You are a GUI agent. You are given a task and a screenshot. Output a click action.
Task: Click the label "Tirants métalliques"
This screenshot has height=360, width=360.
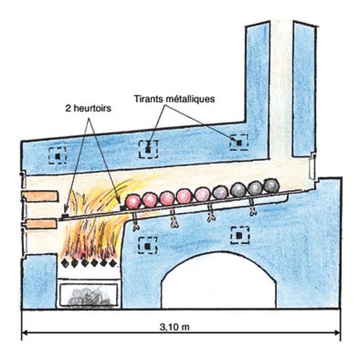(x=174, y=99)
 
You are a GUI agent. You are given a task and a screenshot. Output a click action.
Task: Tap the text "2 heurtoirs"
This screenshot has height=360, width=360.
(x=88, y=108)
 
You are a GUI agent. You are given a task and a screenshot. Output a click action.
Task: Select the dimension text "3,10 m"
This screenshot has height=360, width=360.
(x=174, y=327)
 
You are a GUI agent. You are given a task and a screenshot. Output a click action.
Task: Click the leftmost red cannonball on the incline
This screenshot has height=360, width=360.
(x=133, y=201)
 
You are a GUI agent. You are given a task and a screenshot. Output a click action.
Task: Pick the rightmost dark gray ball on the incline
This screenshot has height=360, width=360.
(x=271, y=186)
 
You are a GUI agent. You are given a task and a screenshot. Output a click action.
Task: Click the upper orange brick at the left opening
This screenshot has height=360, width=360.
(x=39, y=196)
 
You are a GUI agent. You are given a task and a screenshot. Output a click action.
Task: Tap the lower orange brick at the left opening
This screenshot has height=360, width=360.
(x=39, y=224)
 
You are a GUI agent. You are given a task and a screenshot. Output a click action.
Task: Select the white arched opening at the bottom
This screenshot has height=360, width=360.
(x=219, y=281)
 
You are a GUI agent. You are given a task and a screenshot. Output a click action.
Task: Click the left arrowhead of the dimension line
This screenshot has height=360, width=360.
(x=25, y=333)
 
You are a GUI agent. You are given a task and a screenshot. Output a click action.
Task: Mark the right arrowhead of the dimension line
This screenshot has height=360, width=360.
(x=337, y=333)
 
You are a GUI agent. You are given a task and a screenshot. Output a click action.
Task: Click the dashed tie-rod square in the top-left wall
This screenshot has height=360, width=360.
(x=58, y=155)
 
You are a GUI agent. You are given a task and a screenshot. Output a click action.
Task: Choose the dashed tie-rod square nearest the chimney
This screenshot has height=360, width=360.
(x=239, y=143)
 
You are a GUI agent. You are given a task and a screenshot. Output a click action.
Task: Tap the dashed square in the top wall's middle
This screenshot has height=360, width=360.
(x=148, y=149)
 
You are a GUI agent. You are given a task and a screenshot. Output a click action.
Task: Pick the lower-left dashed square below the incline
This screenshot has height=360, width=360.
(x=148, y=245)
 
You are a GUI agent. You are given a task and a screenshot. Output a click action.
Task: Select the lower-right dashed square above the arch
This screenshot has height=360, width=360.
(x=240, y=235)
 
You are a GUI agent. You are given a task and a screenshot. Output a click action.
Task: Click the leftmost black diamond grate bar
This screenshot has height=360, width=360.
(x=65, y=263)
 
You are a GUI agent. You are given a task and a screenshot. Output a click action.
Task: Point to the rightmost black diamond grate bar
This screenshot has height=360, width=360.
(x=113, y=263)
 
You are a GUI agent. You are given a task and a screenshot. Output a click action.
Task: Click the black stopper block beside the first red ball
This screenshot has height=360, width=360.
(x=123, y=207)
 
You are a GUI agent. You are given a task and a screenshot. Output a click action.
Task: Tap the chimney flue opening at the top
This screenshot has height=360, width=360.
(x=281, y=23)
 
